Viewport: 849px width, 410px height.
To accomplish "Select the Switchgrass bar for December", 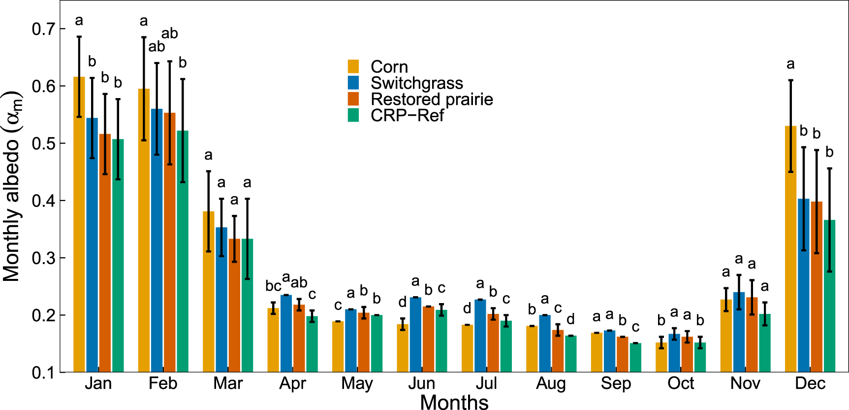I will [804, 285].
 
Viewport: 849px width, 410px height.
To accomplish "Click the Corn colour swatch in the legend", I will [353, 67].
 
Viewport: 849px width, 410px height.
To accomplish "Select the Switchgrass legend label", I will [416, 83].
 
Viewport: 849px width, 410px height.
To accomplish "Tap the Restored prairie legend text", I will [432, 99].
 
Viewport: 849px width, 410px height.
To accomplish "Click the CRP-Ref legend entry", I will [407, 115].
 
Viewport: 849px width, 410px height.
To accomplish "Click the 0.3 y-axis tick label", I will [43, 258].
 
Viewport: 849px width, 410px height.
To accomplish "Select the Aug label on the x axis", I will [551, 383].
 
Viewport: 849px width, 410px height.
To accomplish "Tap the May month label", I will [357, 383].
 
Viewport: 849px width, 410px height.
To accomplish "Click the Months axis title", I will [454, 402].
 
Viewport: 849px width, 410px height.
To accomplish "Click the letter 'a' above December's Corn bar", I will [790, 64].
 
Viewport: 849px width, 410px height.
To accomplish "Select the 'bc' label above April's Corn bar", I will [273, 286].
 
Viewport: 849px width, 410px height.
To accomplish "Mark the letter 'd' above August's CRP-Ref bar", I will [570, 319].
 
